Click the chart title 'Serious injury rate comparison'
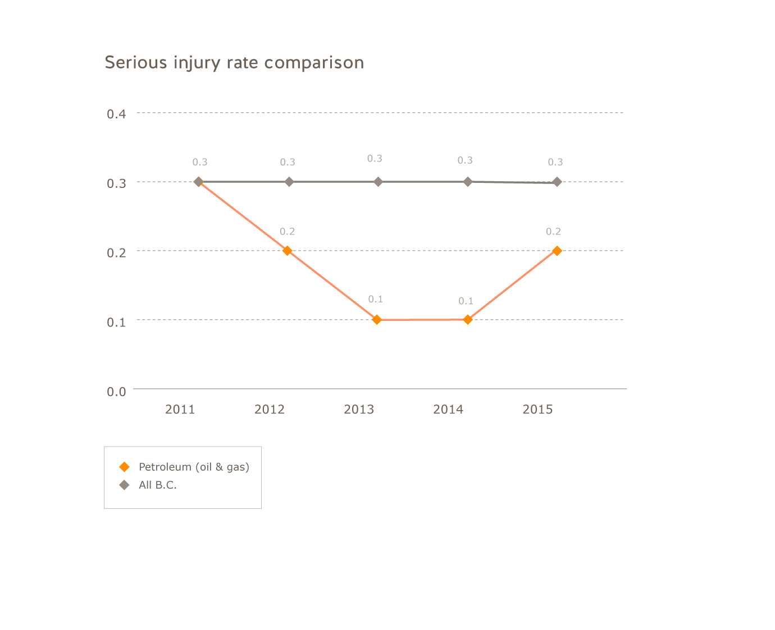coord(234,62)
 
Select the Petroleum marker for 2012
coord(288,251)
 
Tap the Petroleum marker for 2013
coord(377,320)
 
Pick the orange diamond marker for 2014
coord(467,320)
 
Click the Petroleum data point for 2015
coord(557,251)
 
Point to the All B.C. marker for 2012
coord(289,182)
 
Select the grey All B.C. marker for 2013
coord(378,182)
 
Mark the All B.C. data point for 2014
coord(467,182)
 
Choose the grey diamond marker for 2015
coord(557,182)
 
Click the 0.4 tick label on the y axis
coord(116,114)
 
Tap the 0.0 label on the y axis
coord(116,392)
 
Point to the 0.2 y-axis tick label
coord(116,252)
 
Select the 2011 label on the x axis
coord(180,410)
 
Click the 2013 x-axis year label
coord(359,410)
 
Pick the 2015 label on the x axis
coord(537,410)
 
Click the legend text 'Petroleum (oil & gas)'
coord(194,467)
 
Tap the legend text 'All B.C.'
coord(158,485)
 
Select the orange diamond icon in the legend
coord(125,467)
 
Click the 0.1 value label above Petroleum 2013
coord(376,300)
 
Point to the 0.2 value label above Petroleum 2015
coord(554,232)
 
